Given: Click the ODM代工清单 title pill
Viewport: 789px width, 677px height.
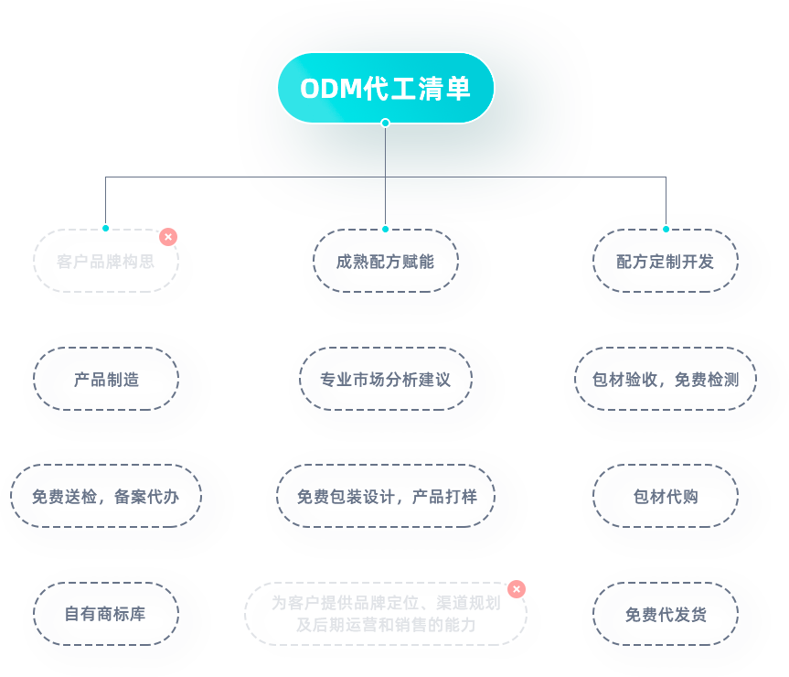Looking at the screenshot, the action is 386,88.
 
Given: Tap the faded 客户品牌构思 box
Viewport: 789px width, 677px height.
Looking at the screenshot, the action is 106,261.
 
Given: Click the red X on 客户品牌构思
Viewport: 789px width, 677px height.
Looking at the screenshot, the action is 168,237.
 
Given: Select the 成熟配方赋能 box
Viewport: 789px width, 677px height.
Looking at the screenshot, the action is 386,261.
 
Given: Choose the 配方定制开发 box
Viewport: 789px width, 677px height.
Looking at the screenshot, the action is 666,261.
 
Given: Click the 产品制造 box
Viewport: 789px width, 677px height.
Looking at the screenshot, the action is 106,379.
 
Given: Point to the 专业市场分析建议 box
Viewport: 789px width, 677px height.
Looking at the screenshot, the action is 386,379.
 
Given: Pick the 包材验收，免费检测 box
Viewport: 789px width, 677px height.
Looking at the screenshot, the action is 666,379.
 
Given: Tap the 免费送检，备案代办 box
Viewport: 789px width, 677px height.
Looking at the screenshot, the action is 106,496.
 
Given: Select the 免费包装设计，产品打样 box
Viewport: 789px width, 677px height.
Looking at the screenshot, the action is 386,496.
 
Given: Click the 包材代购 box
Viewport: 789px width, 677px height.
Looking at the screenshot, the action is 666,496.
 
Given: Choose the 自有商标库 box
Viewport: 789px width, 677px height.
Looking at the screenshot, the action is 106,614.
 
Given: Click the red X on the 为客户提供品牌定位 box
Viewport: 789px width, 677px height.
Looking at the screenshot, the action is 517,589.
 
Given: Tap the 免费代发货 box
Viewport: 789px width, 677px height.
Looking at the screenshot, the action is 666,614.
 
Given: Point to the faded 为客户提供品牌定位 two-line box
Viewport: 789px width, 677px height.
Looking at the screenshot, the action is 386,614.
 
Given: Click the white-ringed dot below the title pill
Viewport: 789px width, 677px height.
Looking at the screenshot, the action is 386,123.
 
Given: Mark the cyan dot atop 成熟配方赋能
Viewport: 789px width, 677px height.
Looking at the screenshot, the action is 386,229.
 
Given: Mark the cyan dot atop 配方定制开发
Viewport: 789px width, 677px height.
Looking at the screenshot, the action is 666,229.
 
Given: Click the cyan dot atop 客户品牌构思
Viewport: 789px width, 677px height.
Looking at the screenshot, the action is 106,228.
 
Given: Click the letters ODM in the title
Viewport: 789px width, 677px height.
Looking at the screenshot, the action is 331,89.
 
